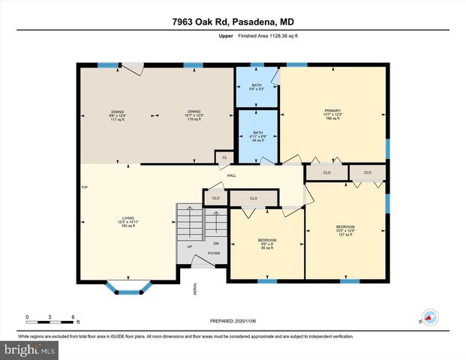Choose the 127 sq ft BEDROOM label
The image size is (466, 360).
click(x=345, y=230)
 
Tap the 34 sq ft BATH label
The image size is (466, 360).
click(x=257, y=136)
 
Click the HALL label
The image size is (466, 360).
click(x=232, y=175)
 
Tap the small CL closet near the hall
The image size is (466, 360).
click(x=224, y=157)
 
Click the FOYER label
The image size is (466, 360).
click(x=203, y=254)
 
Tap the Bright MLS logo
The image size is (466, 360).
click(x=29, y=349)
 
